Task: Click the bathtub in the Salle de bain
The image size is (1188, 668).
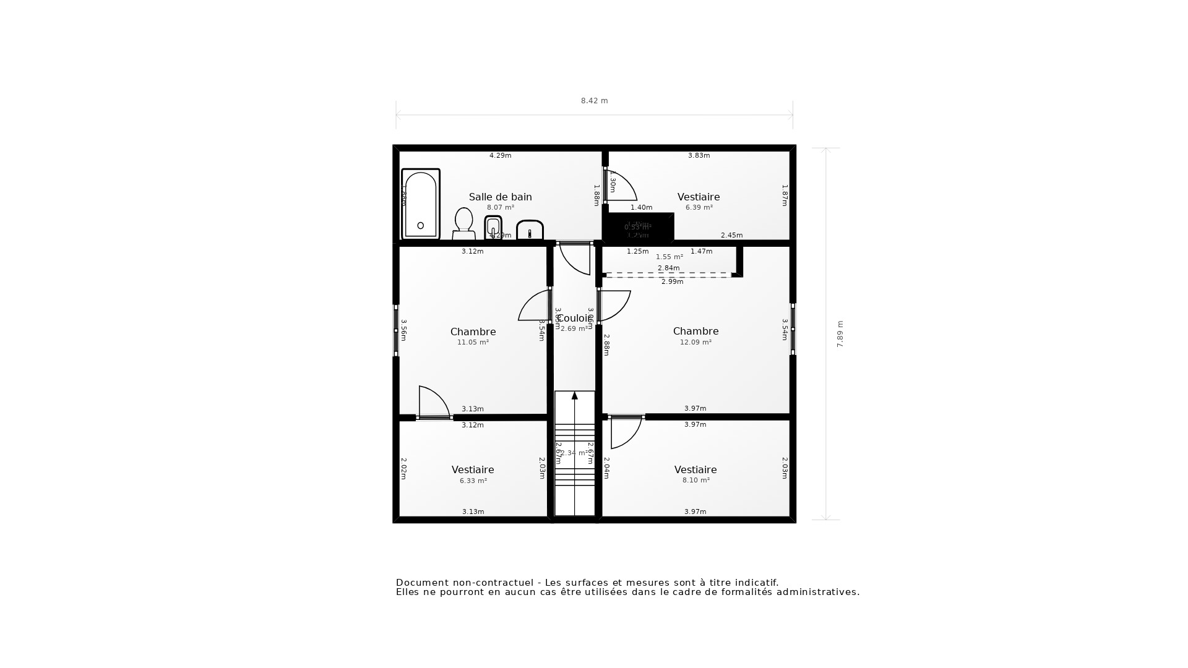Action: [x=420, y=204]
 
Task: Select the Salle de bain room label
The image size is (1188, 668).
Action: [x=500, y=197]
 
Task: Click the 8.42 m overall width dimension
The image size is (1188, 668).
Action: [x=594, y=101]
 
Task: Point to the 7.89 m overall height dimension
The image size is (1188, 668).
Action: [x=840, y=334]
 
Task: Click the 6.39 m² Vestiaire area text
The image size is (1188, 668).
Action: [x=699, y=208]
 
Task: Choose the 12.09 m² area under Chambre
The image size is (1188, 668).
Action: [x=695, y=342]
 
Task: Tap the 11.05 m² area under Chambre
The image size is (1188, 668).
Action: [x=473, y=342]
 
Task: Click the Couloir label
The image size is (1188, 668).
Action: [x=574, y=318]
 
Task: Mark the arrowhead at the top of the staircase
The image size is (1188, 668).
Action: [x=574, y=395]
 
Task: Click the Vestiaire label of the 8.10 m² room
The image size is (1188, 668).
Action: [x=695, y=469]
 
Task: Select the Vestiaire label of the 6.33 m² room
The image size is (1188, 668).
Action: [x=473, y=469]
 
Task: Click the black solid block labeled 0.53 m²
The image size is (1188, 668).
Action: [x=638, y=228]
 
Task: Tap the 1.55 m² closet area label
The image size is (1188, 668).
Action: [x=669, y=257]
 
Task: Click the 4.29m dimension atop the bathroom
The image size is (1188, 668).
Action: [x=500, y=155]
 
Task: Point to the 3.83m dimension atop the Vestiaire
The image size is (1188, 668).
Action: [x=699, y=155]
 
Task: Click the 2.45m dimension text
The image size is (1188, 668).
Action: [x=731, y=235]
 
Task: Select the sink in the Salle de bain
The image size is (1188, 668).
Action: [x=530, y=230]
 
